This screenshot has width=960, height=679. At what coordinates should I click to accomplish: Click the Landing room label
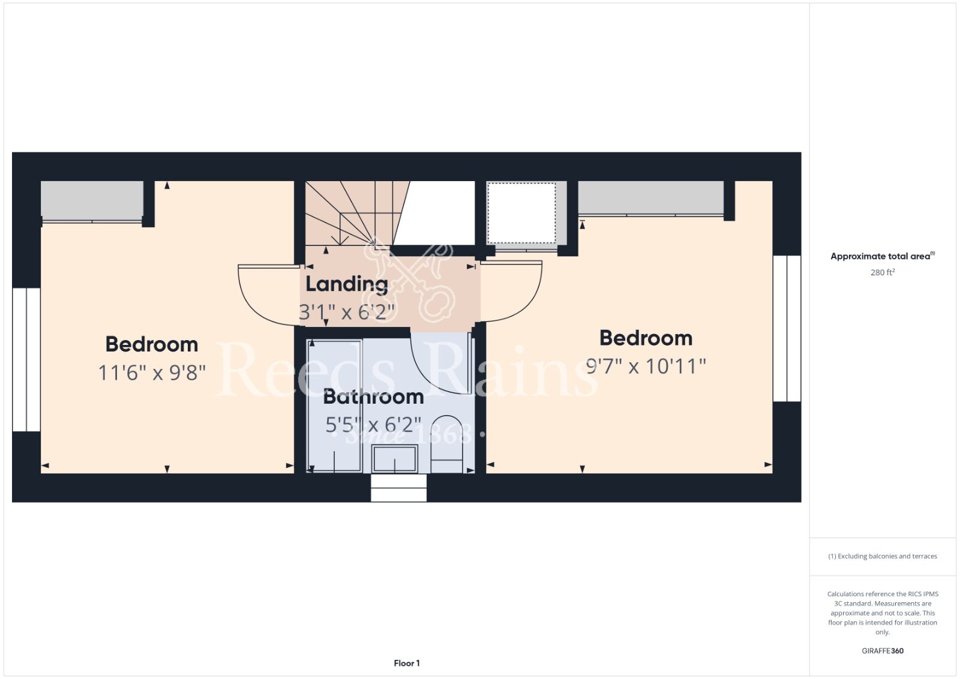[x=346, y=284]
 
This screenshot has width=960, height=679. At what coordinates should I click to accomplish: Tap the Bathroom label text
[x=373, y=396]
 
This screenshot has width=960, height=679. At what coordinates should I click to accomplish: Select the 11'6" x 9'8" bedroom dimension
[x=152, y=372]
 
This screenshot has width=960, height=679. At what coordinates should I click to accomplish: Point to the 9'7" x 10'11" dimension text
[x=646, y=366]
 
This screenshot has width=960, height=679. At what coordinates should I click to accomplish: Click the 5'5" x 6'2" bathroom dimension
[x=373, y=425]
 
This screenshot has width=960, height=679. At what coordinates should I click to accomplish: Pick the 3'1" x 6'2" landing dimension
[x=346, y=312]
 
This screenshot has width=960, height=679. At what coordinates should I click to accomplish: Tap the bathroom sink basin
[x=394, y=459]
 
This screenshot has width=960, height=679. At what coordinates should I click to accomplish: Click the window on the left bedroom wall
[x=26, y=359]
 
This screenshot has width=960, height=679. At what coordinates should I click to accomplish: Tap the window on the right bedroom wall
[x=787, y=329]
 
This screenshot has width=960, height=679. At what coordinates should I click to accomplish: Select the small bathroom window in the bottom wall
[x=398, y=488]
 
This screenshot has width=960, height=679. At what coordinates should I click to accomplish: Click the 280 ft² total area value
[x=883, y=272]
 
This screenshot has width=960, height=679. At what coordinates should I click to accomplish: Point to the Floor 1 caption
[x=407, y=663]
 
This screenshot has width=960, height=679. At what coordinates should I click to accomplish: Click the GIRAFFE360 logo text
[x=883, y=651]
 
